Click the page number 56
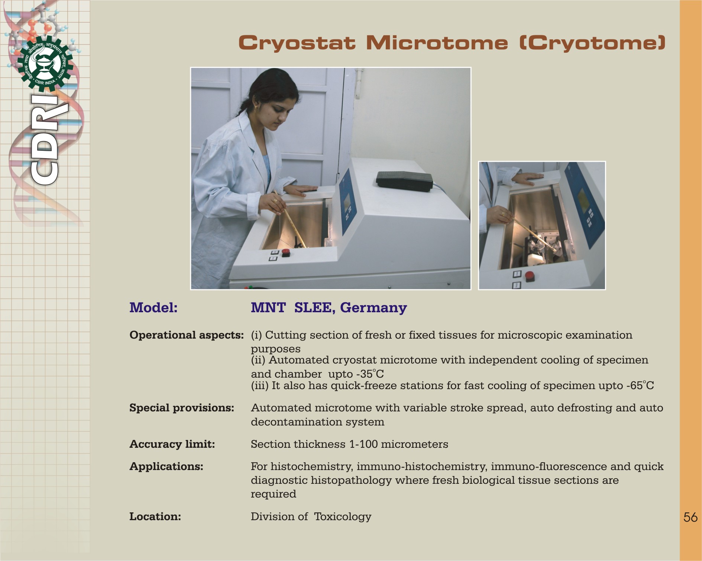click(x=690, y=517)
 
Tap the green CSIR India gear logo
click(x=45, y=64)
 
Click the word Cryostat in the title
click(x=297, y=43)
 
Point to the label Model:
click(x=153, y=307)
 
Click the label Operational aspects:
click(x=187, y=335)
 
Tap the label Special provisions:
click(x=182, y=408)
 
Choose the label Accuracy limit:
click(x=172, y=444)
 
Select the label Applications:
click(x=166, y=466)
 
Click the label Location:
click(x=155, y=516)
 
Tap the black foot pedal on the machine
click(x=404, y=180)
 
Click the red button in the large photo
click(x=285, y=252)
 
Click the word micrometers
click(x=414, y=444)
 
